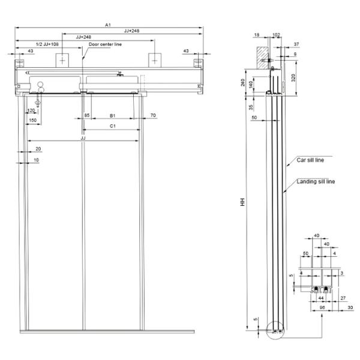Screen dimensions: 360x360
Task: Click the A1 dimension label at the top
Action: (107, 25)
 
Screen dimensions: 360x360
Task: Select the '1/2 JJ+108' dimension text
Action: (47, 44)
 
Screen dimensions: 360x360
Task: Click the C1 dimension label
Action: (112, 126)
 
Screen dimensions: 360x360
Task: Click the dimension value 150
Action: (32, 121)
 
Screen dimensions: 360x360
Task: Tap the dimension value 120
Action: (31, 111)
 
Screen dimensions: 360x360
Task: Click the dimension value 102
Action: (276, 35)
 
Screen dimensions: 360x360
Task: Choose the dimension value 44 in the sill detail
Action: (321, 298)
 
